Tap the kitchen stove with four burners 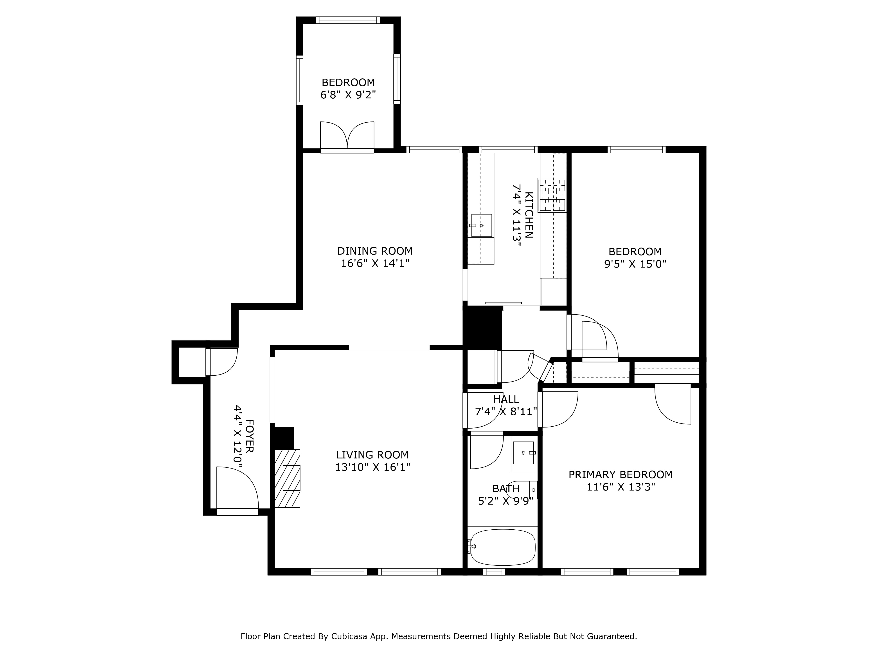click(552, 195)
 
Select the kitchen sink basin click(481, 225)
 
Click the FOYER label click(250, 436)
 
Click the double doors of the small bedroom click(347, 136)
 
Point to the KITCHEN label click(529, 215)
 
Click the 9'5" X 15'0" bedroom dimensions click(635, 264)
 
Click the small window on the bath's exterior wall click(494, 572)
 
